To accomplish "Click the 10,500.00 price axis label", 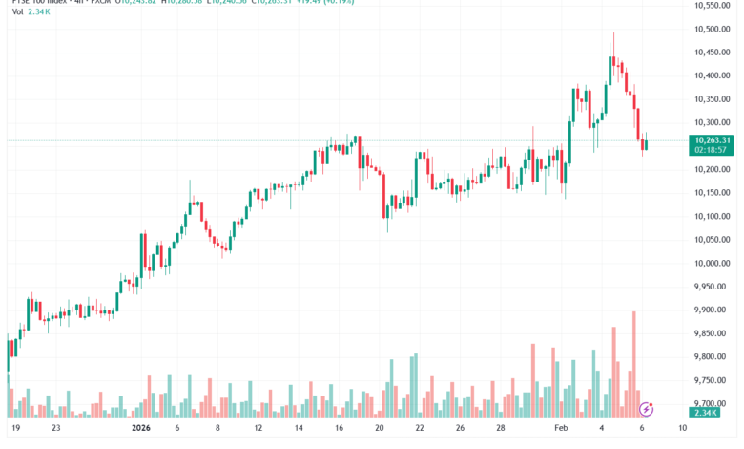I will [x=713, y=29].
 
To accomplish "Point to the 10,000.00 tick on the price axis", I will [x=713, y=263].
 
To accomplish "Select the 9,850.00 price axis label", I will [x=712, y=333].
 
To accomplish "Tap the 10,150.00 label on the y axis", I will [x=713, y=193].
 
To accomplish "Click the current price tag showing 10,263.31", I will [x=713, y=139].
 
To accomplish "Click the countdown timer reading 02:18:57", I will [x=713, y=150].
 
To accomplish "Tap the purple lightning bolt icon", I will [x=646, y=409].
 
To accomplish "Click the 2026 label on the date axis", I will [x=141, y=429].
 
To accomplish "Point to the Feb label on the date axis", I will [x=563, y=429].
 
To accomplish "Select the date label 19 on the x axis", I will [x=16, y=429].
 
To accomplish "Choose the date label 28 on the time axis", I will [x=502, y=429].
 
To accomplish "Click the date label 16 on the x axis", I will [x=340, y=429].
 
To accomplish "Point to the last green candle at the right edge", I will [x=646, y=144].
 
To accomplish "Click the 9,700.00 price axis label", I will [x=712, y=403].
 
